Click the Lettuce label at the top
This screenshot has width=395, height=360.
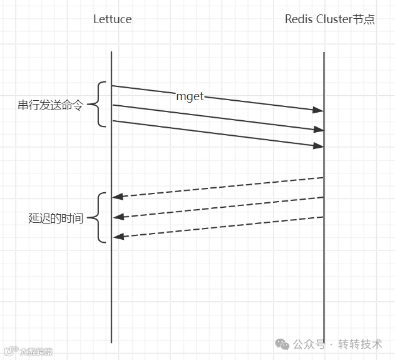tap(113, 19)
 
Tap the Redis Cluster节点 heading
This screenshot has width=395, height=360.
tap(330, 19)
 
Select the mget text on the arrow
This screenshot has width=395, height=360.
tap(190, 96)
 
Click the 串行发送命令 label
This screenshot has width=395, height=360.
tap(50, 105)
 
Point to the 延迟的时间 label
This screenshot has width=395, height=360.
tap(56, 219)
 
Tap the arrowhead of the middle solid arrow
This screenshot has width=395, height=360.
tap(319, 130)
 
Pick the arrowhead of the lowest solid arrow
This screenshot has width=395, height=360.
tap(319, 145)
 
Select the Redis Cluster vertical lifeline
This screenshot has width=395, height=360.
tap(324, 282)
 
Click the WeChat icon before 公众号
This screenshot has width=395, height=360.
tap(284, 344)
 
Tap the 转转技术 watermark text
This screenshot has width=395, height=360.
tap(360, 344)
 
